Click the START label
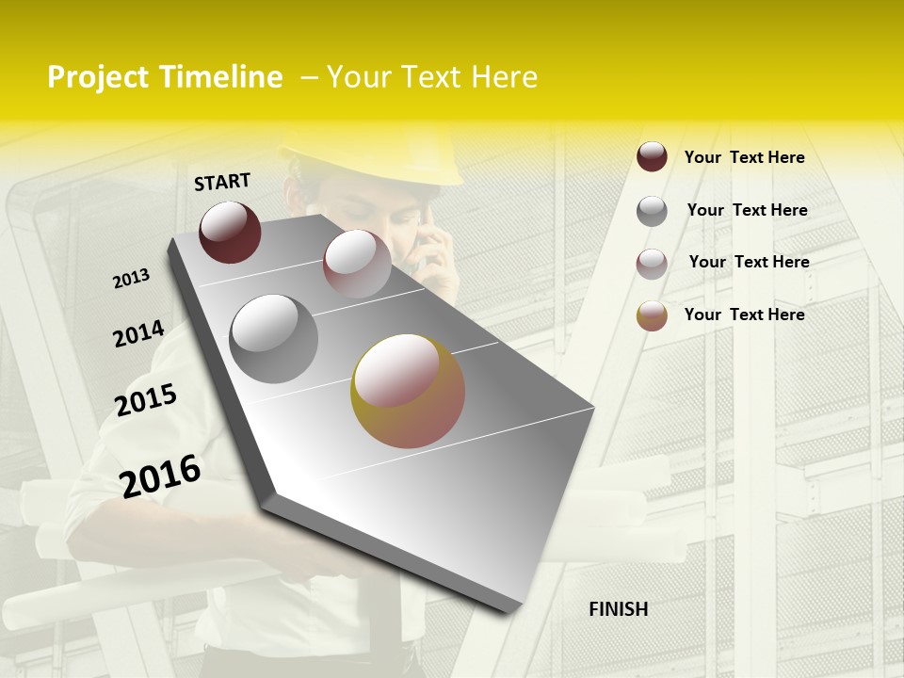(222, 182)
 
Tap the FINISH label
(618, 609)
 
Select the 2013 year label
(132, 279)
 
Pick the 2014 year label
(138, 333)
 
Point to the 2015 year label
(146, 400)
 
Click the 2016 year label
(160, 476)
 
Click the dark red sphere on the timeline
(230, 232)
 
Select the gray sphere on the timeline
(273, 339)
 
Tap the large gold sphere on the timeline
(408, 391)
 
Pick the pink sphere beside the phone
(357, 263)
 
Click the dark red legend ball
(652, 157)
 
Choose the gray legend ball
(652, 211)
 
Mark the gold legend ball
(652, 315)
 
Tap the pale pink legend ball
(652, 264)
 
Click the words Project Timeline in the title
(165, 77)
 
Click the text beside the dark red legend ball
(744, 157)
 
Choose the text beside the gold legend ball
(744, 315)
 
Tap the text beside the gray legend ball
(747, 210)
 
